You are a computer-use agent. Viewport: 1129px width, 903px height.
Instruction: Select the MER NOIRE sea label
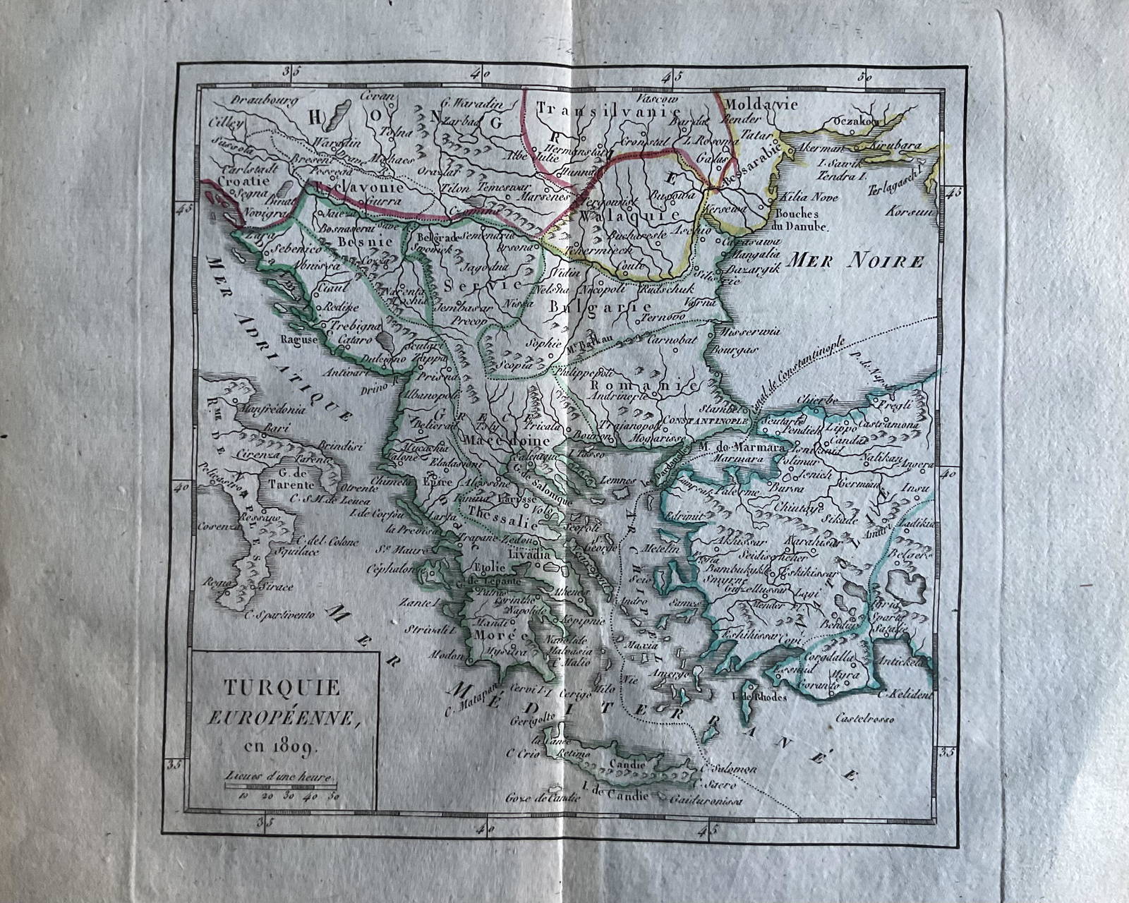855,262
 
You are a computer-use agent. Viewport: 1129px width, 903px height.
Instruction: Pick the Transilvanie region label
608,109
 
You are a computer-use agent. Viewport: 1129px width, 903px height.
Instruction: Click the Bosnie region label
365,241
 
